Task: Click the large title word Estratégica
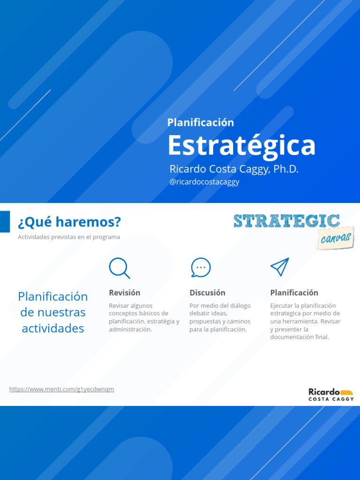pyautogui.click(x=241, y=145)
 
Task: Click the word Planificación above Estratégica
pyautogui.click(x=201, y=122)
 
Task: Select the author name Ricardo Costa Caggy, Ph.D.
pyautogui.click(x=234, y=169)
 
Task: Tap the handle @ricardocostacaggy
pyautogui.click(x=204, y=182)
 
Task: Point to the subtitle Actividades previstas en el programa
pyautogui.click(x=69, y=237)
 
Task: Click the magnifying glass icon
pyautogui.click(x=119, y=268)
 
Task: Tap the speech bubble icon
pyautogui.click(x=201, y=268)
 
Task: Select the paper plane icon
pyautogui.click(x=279, y=267)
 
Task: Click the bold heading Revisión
pyautogui.click(x=125, y=292)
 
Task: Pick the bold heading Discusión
pyautogui.click(x=207, y=292)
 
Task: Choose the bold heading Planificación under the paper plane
pyautogui.click(x=294, y=292)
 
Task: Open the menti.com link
pyautogui.click(x=61, y=389)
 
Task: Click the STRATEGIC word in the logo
pyautogui.click(x=286, y=221)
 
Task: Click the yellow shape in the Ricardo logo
pyautogui.click(x=346, y=392)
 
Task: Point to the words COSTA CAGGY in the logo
pyautogui.click(x=331, y=399)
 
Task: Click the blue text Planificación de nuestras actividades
pyautogui.click(x=53, y=312)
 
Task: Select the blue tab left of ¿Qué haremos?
pyautogui.click(x=5, y=221)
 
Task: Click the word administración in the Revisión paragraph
pyautogui.click(x=130, y=330)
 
